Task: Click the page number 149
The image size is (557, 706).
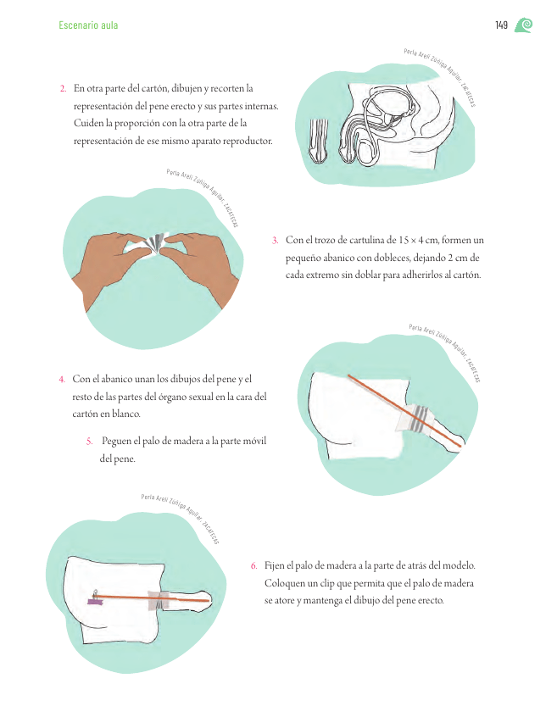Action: click(x=501, y=25)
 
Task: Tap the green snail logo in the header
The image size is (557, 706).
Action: click(x=523, y=25)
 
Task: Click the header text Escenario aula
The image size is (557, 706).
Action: click(x=88, y=25)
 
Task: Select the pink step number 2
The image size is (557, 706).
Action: click(x=63, y=89)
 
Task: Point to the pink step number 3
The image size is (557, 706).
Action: click(x=276, y=241)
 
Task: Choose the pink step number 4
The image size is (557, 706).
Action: click(x=62, y=380)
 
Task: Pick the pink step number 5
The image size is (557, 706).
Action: click(x=89, y=442)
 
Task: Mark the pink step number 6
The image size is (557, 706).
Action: click(x=254, y=566)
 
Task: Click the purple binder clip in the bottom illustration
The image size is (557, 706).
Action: click(x=95, y=598)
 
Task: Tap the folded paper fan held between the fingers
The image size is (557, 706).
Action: click(x=152, y=243)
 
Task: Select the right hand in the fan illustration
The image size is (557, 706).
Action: click(x=201, y=265)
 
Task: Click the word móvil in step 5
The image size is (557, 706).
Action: click(x=254, y=441)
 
